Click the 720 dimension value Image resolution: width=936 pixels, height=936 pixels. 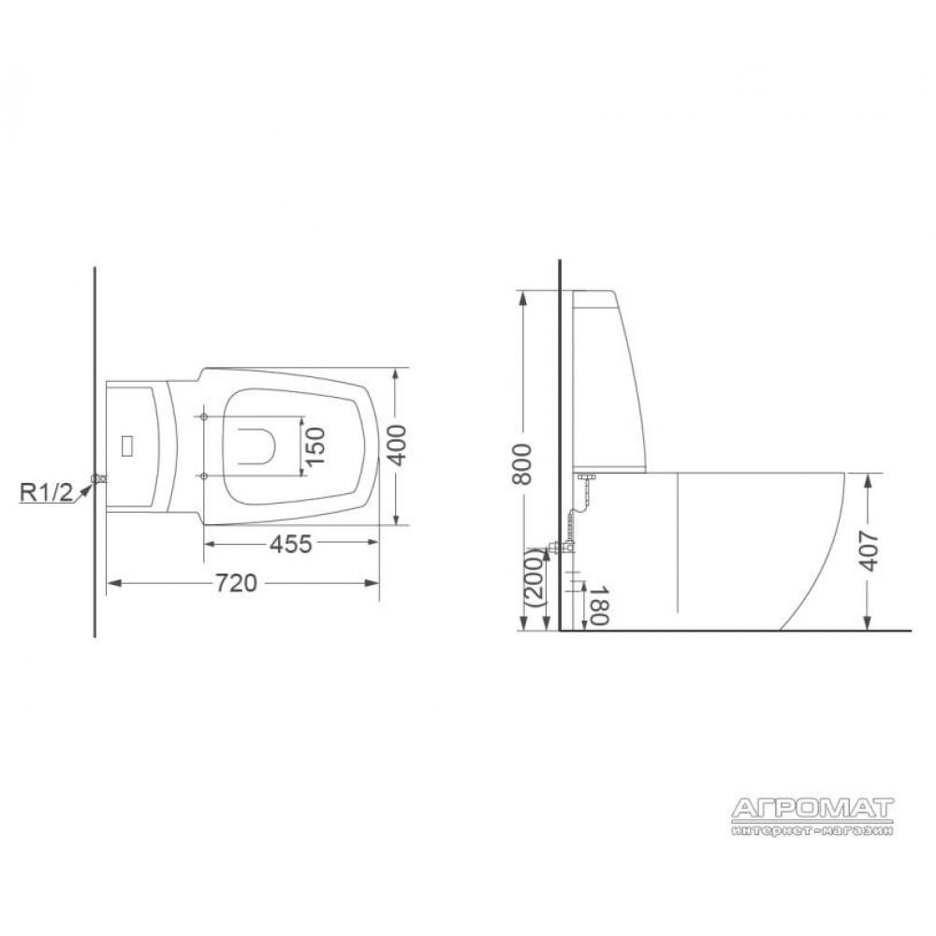pyautogui.click(x=236, y=583)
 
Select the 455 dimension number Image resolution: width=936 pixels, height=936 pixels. pyautogui.click(x=291, y=544)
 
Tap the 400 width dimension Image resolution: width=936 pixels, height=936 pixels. pyautogui.click(x=397, y=446)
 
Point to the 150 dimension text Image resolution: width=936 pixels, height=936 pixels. pyautogui.click(x=315, y=446)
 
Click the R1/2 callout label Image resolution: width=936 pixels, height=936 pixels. pyautogui.click(x=47, y=492)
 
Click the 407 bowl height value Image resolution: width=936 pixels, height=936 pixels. pyautogui.click(x=870, y=551)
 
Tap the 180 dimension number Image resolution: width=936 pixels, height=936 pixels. pyautogui.click(x=599, y=604)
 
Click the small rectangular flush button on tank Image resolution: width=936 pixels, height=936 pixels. pyautogui.click(x=126, y=446)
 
